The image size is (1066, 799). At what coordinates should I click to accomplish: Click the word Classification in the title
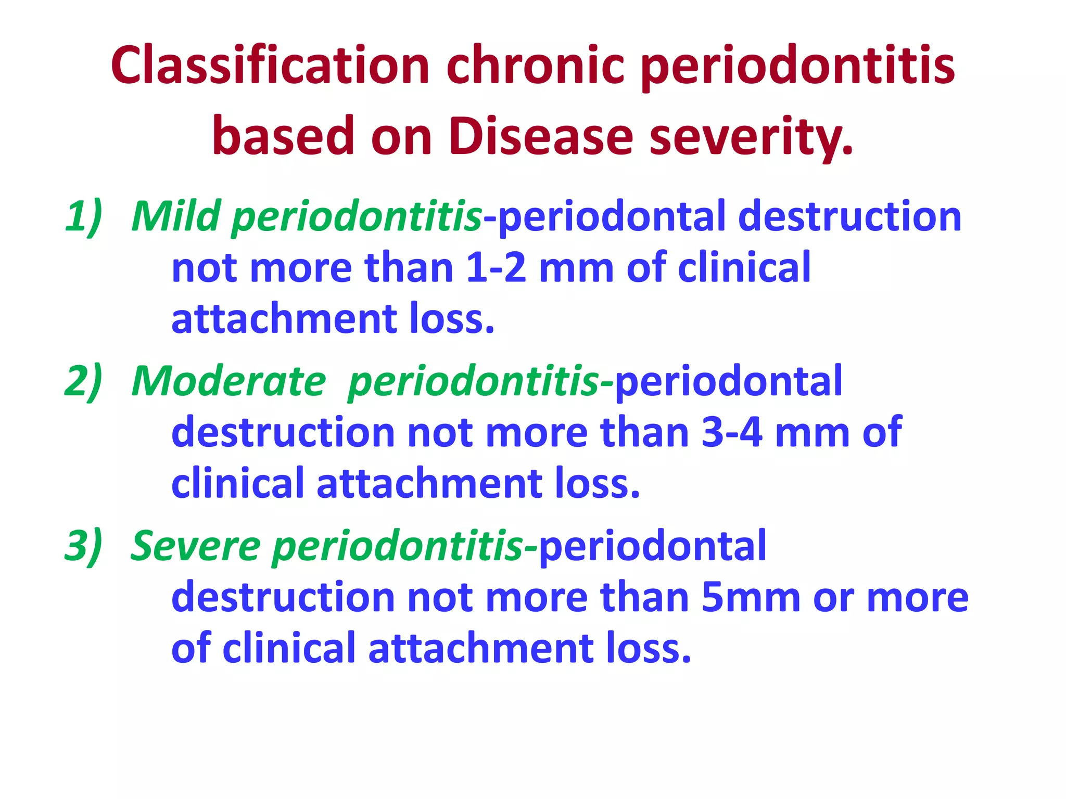[x=270, y=66]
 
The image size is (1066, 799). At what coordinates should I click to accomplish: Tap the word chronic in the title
[x=535, y=66]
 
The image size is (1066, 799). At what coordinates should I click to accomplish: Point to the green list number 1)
[x=83, y=216]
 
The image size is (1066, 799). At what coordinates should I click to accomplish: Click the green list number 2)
[x=83, y=381]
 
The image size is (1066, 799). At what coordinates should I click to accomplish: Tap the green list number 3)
[x=83, y=546]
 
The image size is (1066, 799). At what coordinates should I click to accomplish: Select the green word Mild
[x=176, y=216]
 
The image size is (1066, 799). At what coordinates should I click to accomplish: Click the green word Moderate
[x=229, y=381]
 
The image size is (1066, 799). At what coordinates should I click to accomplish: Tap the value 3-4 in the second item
[x=732, y=433]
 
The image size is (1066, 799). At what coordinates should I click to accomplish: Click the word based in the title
[x=284, y=136]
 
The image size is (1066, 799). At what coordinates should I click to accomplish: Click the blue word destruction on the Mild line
[x=849, y=216]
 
